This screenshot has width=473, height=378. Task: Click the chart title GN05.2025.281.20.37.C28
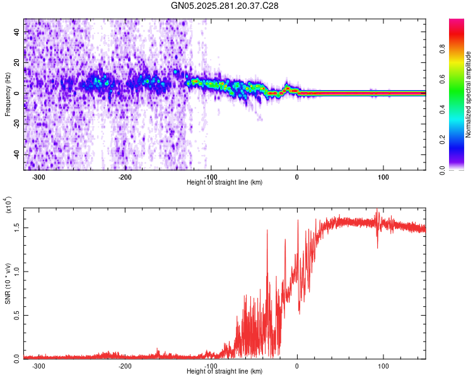click(x=225, y=6)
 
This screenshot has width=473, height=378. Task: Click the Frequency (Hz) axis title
click(x=8, y=94)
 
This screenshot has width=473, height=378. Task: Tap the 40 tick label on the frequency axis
click(x=16, y=31)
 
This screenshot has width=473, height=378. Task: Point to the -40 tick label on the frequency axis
click(x=15, y=155)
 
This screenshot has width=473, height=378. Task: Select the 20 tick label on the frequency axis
click(x=16, y=62)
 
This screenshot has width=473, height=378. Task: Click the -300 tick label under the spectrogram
click(x=38, y=177)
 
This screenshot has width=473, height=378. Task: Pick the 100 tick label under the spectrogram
click(x=383, y=177)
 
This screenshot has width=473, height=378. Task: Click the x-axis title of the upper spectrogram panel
click(x=225, y=183)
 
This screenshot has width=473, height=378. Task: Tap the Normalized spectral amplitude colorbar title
click(x=469, y=94)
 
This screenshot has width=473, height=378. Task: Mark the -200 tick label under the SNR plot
click(x=125, y=365)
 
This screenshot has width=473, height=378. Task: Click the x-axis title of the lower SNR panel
click(x=225, y=371)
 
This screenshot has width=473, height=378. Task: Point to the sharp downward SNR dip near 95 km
click(x=378, y=246)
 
